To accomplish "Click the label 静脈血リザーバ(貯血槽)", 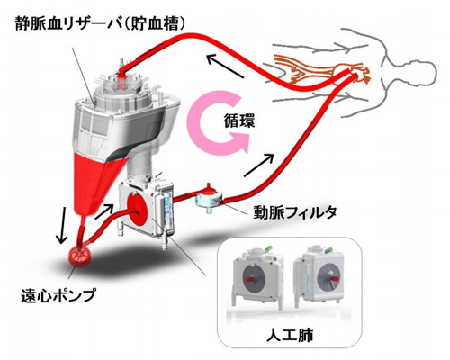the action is (100, 24).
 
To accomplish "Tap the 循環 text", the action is (239, 121).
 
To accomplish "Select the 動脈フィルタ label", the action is (294, 212).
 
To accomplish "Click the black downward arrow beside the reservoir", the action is (62, 223).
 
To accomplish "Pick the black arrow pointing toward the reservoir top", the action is (225, 66).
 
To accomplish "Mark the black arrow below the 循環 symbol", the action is (258, 165).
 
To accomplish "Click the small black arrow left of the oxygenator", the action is (104, 211).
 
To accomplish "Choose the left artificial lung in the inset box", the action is (258, 277).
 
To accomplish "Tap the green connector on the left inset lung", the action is (268, 248).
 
